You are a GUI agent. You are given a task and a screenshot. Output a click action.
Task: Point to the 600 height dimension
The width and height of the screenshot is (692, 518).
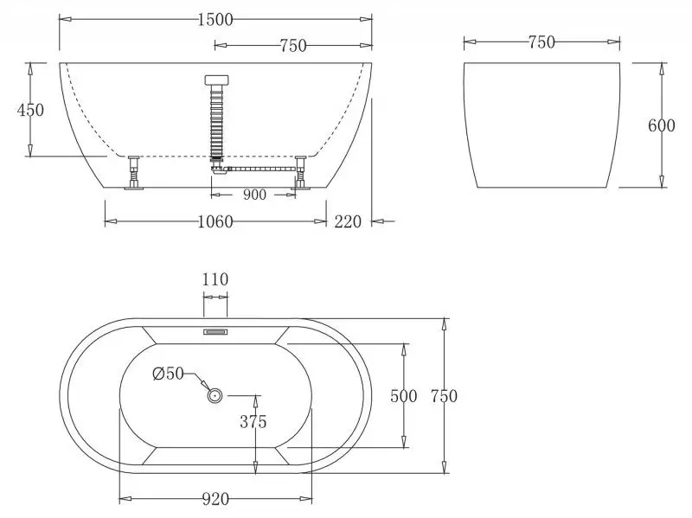[661, 125]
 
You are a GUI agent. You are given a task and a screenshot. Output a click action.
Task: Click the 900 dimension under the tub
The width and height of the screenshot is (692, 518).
[254, 195]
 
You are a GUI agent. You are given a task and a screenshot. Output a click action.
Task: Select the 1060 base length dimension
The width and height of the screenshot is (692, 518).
[215, 222]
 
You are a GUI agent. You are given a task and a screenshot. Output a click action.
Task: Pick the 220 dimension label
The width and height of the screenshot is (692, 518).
[348, 222]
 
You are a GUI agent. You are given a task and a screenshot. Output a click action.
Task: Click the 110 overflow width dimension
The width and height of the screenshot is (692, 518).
[215, 279]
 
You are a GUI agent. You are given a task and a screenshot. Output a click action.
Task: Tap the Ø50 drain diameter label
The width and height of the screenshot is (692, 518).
[168, 374]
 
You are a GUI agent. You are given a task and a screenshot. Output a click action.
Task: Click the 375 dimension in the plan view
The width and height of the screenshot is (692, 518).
[253, 422]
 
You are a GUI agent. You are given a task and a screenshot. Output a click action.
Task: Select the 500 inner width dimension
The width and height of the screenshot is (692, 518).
[404, 396]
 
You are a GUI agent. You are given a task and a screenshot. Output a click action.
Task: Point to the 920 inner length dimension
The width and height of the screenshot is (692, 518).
[215, 499]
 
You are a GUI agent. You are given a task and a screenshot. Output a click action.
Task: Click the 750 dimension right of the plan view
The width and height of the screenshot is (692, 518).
[442, 396]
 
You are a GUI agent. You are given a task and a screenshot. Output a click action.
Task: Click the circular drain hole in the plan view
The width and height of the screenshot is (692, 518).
[215, 395]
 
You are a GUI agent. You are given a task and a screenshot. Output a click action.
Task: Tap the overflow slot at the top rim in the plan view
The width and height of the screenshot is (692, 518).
[215, 330]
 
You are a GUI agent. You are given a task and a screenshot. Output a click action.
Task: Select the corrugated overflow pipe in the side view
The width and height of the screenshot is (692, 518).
[215, 121]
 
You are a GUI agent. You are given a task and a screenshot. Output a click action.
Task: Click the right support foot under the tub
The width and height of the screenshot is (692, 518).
[301, 173]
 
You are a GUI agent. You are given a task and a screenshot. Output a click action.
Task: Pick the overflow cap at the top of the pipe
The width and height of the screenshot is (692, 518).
[215, 80]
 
